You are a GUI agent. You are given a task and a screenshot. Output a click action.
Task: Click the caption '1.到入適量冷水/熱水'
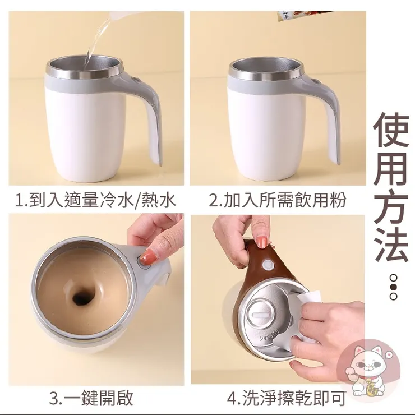(x=96, y=200)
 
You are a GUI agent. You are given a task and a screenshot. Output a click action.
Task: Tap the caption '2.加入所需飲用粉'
(x=278, y=200)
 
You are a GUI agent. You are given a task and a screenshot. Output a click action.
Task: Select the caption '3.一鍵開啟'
(x=91, y=398)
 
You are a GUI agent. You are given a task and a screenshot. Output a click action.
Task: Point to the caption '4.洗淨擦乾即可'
(x=287, y=398)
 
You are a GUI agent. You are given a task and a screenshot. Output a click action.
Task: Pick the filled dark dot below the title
(x=394, y=287)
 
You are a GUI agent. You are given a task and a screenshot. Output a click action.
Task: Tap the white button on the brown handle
(x=268, y=265)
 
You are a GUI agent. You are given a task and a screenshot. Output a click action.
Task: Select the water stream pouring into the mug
(x=96, y=42)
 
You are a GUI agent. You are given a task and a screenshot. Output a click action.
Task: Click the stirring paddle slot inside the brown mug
(x=260, y=315)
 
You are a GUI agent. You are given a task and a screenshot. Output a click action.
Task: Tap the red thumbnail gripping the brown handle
(x=261, y=242)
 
